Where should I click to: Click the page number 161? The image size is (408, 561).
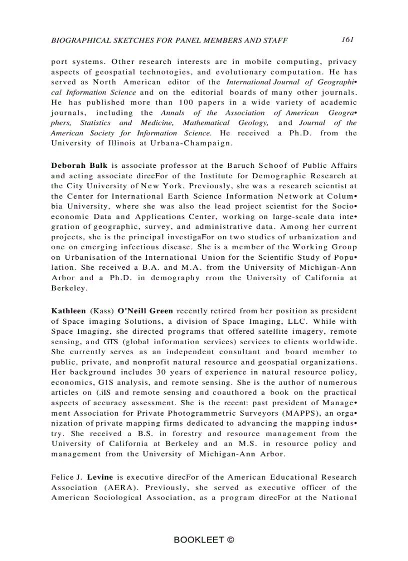point(348,39)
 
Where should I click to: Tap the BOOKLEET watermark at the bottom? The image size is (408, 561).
point(204,540)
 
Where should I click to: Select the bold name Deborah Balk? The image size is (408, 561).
point(79,165)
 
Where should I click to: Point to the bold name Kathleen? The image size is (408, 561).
point(68,311)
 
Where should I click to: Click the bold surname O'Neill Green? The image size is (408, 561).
point(145,311)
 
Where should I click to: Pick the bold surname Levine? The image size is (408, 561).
point(100,477)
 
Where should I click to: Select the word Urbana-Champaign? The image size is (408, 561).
point(202,143)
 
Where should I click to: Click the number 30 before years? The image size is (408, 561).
point(161,372)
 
